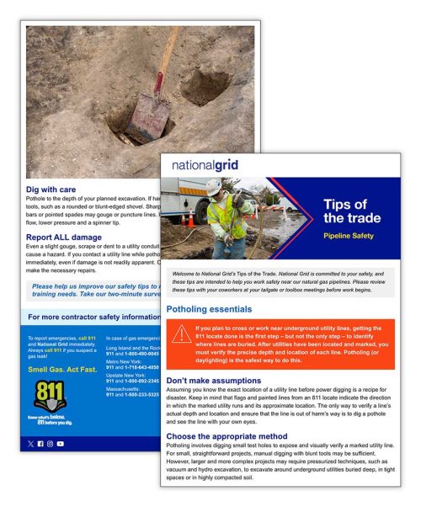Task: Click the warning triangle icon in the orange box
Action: point(180,334)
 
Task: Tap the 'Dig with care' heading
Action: point(54,190)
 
